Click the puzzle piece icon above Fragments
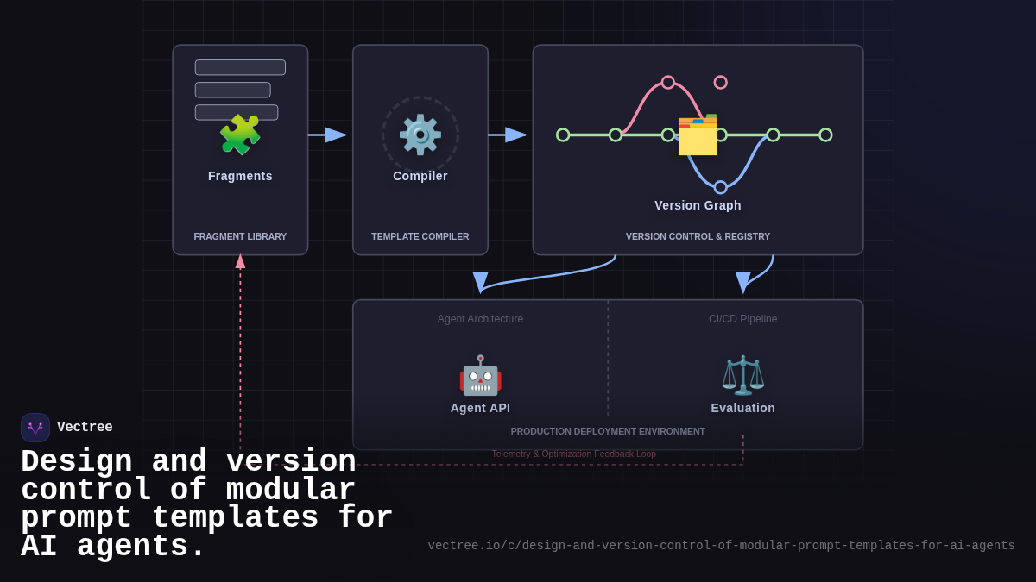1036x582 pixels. click(x=240, y=135)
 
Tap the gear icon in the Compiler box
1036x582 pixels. click(x=420, y=135)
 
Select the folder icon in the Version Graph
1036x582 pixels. click(x=698, y=135)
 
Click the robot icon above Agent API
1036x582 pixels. click(x=480, y=375)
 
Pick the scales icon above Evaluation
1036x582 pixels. click(x=742, y=375)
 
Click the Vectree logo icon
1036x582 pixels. click(x=35, y=428)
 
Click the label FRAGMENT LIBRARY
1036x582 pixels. click(x=240, y=236)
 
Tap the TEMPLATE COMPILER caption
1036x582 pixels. click(x=420, y=236)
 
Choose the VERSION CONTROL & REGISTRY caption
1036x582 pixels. click(x=698, y=236)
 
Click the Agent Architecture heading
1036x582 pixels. click(x=480, y=319)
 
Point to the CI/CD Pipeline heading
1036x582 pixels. click(x=742, y=319)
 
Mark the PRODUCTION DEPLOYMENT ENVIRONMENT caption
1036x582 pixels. click(x=608, y=431)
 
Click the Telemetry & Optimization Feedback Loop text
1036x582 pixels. click(x=573, y=454)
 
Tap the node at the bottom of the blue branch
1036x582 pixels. click(x=720, y=187)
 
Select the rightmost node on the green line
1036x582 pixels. click(x=825, y=135)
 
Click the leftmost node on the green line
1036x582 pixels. click(x=563, y=135)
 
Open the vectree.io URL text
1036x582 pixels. click(x=721, y=546)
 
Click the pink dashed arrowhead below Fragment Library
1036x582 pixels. click(x=240, y=260)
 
